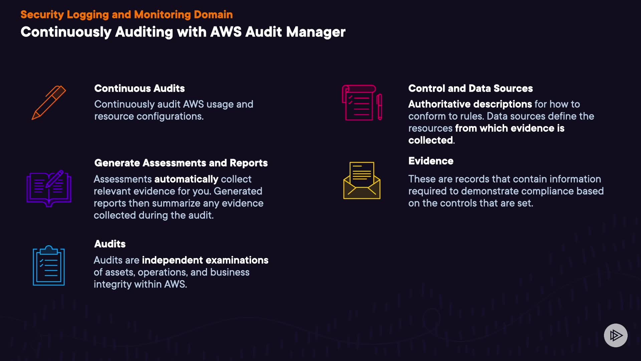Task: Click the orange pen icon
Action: (x=49, y=102)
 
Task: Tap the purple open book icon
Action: (x=49, y=188)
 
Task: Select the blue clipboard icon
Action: (x=49, y=266)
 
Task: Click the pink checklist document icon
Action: (x=362, y=103)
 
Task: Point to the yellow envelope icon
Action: (x=362, y=180)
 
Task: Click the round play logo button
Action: (x=616, y=335)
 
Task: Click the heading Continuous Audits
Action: (x=140, y=88)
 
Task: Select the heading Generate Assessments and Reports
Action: (x=181, y=163)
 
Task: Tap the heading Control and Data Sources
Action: (x=470, y=88)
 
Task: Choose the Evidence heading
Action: (x=431, y=161)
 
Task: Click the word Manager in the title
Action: (x=316, y=32)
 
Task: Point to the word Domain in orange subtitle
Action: (x=213, y=14)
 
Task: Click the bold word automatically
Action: (x=186, y=179)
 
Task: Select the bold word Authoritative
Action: (x=437, y=104)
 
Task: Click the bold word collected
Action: (x=431, y=140)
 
